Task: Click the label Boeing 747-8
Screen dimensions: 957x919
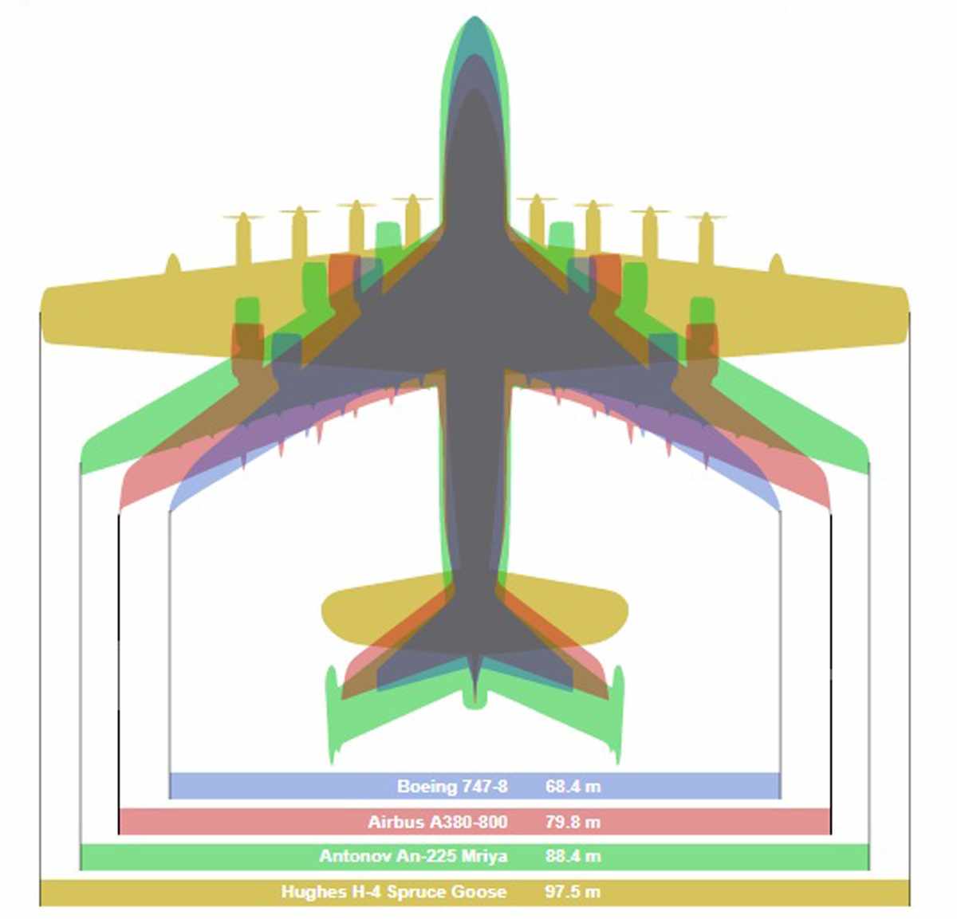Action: pos(452,787)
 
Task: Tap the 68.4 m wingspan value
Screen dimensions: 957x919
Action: pos(573,787)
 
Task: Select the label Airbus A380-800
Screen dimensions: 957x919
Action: pos(437,822)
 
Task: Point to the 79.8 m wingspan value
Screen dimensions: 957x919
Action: pos(573,822)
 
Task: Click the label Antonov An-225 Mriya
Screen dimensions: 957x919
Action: pos(413,856)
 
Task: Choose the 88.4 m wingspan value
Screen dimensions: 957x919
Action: pos(573,856)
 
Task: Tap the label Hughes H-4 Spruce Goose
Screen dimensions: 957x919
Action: pos(393,891)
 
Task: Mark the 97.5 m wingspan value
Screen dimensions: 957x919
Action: pos(573,891)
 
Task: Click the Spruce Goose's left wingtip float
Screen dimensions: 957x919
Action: pos(172,265)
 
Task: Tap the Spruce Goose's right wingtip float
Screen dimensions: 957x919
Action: pos(776,265)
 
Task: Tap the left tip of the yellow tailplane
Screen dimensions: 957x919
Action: pos(322,611)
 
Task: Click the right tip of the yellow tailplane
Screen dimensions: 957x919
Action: pos(627,611)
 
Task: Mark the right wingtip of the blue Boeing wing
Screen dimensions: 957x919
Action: pos(779,507)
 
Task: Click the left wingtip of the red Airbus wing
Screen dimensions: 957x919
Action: pos(121,502)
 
